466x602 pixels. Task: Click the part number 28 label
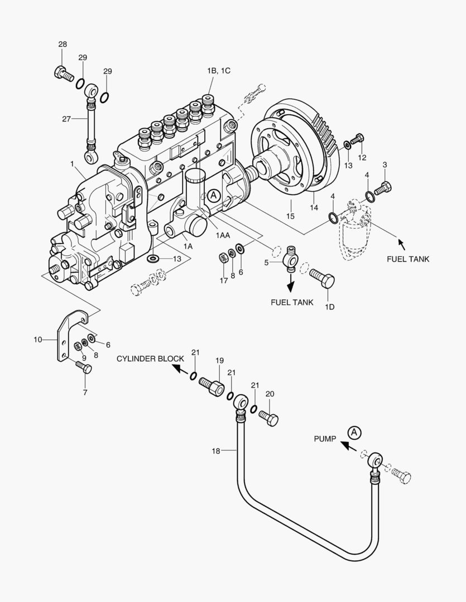click(63, 44)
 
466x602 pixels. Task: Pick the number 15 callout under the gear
click(290, 216)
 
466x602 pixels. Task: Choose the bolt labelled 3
click(383, 188)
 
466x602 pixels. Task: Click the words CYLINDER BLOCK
click(150, 358)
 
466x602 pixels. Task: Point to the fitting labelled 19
click(212, 386)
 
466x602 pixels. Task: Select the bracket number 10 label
click(37, 339)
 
